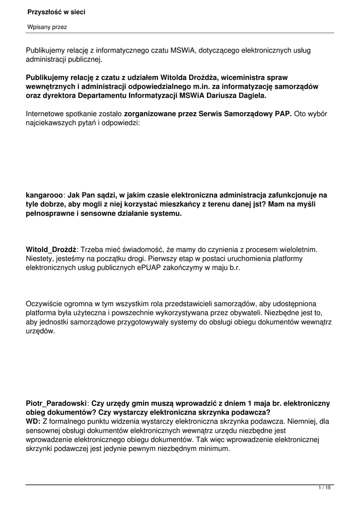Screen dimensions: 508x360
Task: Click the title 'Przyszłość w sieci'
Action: click(x=56, y=12)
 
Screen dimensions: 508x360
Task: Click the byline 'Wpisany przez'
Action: click(x=47, y=27)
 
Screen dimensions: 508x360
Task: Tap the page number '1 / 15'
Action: click(x=324, y=488)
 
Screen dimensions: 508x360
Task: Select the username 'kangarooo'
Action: click(x=44, y=195)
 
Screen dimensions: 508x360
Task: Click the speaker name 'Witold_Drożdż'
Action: click(x=51, y=249)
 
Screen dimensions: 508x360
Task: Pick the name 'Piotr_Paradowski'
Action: click(x=56, y=403)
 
